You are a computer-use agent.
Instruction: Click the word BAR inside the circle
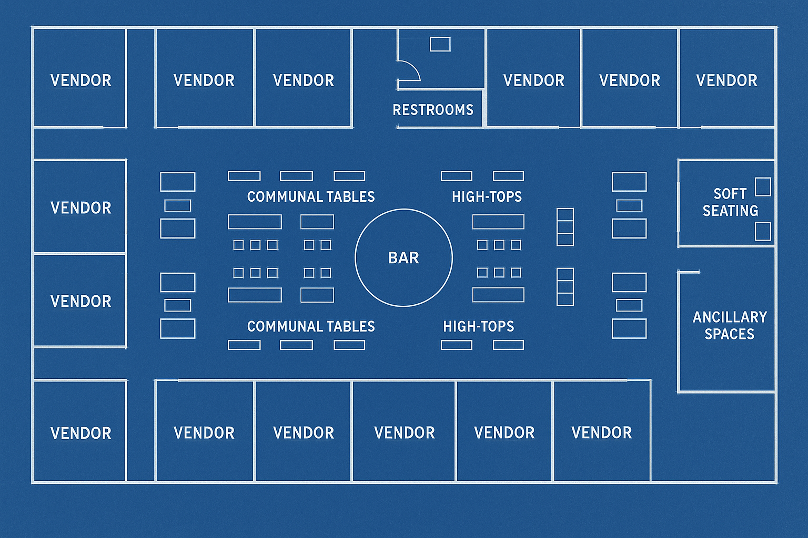403,258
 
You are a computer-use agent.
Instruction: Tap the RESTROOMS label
433,110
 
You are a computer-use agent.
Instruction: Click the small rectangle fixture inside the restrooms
440,44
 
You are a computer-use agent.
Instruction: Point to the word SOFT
730,194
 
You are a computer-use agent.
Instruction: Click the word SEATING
730,211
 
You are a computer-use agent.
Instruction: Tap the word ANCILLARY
730,317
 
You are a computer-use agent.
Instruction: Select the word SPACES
729,334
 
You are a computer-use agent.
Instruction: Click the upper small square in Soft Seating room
763,187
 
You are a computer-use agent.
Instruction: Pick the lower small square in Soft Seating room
763,231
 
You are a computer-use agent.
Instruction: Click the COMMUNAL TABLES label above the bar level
311,197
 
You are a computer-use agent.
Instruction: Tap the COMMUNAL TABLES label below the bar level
311,327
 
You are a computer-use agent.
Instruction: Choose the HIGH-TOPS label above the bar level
487,197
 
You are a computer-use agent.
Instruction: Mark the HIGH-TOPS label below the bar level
479,327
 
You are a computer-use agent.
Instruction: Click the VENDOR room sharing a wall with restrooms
533,80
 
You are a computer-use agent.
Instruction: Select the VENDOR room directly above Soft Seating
726,80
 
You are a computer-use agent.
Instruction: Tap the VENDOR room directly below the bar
404,433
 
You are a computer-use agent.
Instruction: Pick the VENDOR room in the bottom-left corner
80,433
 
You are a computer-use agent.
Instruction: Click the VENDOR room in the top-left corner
80,80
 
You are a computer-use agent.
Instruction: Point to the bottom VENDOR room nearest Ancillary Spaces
601,433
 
